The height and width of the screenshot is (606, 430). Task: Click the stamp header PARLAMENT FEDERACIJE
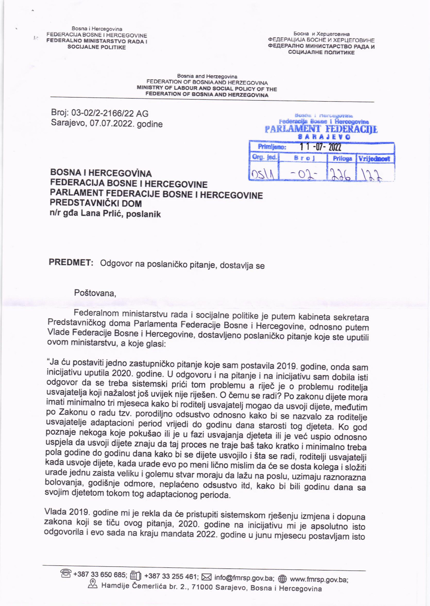click(321, 129)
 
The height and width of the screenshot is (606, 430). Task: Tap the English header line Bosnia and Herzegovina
click(207, 76)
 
